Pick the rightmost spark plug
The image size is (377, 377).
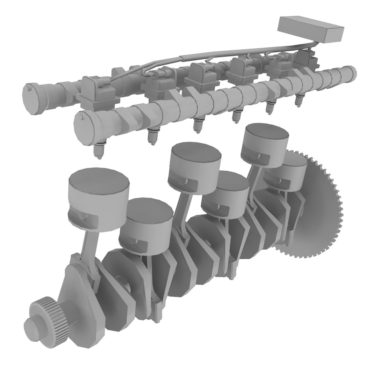pos(299,101)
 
